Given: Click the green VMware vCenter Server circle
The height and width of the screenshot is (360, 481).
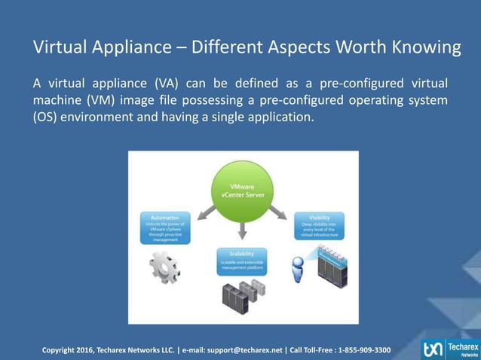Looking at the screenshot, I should pyautogui.click(x=242, y=188).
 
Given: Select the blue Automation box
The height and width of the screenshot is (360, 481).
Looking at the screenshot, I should pyautogui.click(x=165, y=228).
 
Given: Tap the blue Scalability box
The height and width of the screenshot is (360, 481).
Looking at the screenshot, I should pyautogui.click(x=243, y=258).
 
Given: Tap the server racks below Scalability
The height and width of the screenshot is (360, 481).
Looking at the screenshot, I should pyautogui.click(x=243, y=295).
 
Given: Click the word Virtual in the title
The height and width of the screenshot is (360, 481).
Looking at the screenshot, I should pyautogui.click(x=64, y=47).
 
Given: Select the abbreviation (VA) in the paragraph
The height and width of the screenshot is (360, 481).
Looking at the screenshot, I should pyautogui.click(x=168, y=83).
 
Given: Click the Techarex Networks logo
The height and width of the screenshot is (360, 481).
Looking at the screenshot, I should pyautogui.click(x=450, y=349).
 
